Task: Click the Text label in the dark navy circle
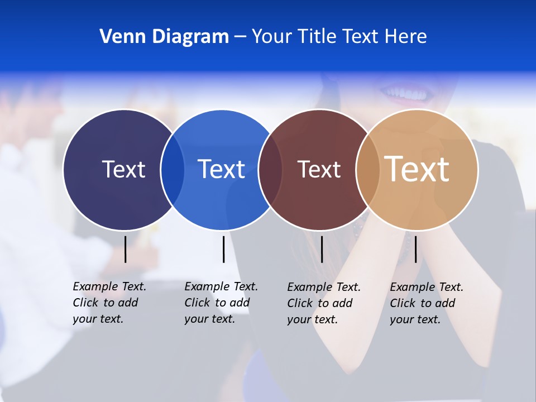pyautogui.click(x=123, y=169)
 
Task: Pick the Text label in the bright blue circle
pyautogui.click(x=221, y=169)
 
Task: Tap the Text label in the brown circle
pyautogui.click(x=319, y=169)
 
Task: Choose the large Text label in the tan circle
pyautogui.click(x=417, y=169)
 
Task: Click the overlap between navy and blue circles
pyautogui.click(x=173, y=170)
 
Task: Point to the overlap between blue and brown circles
pyautogui.click(x=270, y=170)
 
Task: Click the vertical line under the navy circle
pyautogui.click(x=126, y=249)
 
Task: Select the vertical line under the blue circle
pyautogui.click(x=223, y=249)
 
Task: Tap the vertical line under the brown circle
pyautogui.click(x=322, y=249)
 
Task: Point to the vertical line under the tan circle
pyautogui.click(x=415, y=249)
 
